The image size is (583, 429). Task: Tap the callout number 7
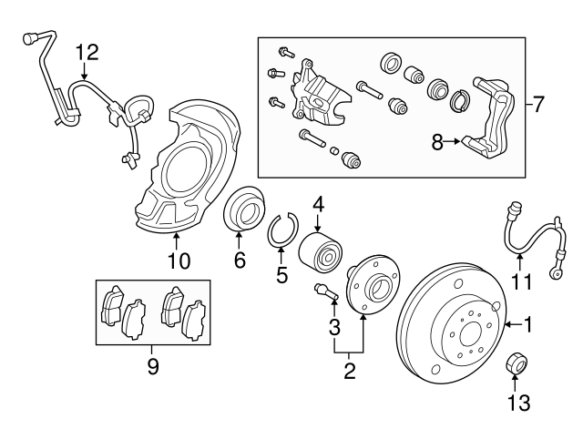tap(537, 105)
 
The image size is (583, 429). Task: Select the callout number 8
tap(437, 141)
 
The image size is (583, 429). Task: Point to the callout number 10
tap(179, 262)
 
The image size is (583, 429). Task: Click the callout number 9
tap(153, 366)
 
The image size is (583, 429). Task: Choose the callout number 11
tap(520, 281)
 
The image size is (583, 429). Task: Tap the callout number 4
tap(317, 206)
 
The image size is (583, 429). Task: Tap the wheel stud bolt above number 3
tap(325, 292)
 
